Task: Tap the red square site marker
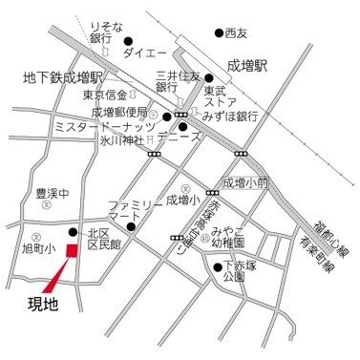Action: click(x=70, y=250)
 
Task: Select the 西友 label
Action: click(x=236, y=32)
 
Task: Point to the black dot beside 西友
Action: click(x=219, y=32)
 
